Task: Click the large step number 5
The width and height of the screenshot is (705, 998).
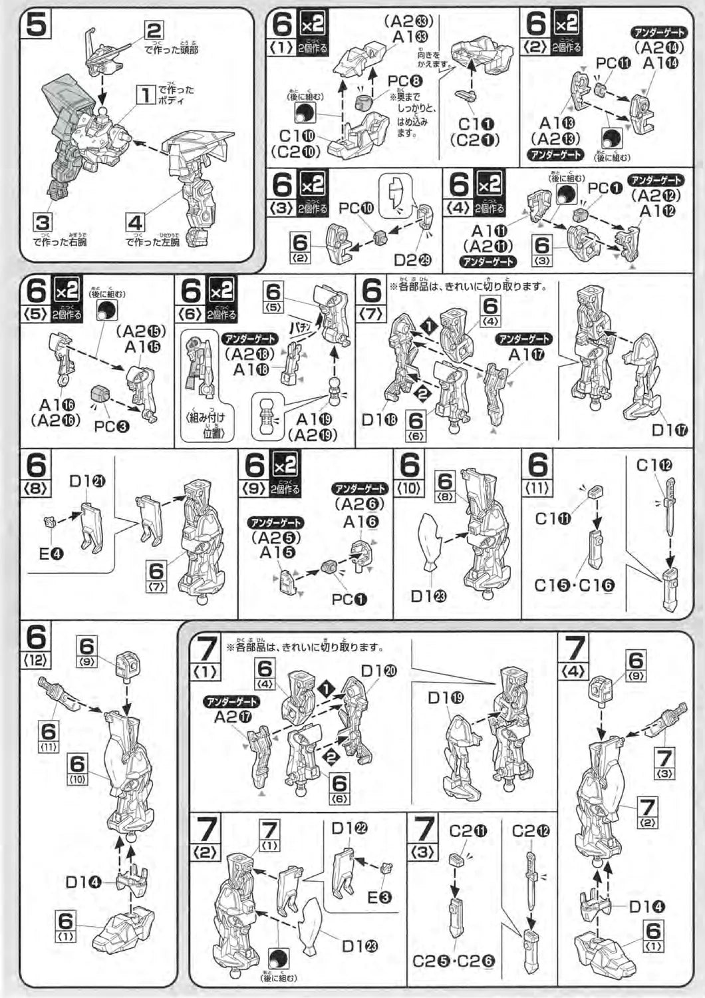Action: click(x=36, y=27)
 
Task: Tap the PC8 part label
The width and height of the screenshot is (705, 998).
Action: click(x=405, y=81)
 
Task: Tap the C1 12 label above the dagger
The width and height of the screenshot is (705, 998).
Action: click(x=654, y=465)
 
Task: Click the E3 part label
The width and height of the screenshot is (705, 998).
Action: click(x=379, y=898)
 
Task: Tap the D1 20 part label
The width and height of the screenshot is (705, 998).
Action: click(x=379, y=671)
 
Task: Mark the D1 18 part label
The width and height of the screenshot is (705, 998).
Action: click(x=379, y=420)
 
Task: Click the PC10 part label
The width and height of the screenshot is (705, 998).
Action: click(x=356, y=208)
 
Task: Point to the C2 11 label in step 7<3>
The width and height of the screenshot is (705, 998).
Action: click(x=468, y=831)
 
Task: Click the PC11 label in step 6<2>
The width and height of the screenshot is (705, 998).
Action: click(x=613, y=63)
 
